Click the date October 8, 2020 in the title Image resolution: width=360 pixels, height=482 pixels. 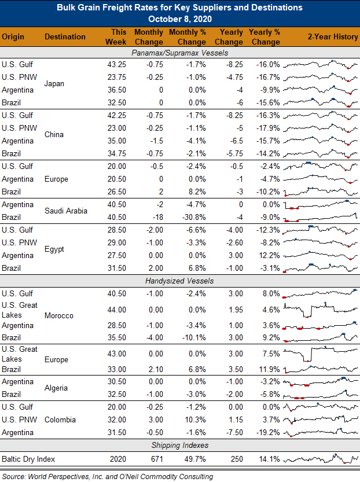180,19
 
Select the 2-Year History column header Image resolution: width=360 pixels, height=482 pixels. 333,36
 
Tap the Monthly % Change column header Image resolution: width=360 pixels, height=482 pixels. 188,37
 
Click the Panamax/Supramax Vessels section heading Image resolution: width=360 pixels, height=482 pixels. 180,53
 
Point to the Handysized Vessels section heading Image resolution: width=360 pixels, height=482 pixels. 179,281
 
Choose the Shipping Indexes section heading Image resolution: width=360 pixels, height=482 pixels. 180,445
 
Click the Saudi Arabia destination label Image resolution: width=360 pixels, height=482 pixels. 66,211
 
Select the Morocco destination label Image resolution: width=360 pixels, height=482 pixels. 58,316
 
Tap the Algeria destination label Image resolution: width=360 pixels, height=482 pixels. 56,388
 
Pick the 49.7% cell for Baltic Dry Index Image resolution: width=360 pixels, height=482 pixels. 195,459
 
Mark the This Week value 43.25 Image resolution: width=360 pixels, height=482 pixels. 116,65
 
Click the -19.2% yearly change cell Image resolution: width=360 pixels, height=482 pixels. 268,432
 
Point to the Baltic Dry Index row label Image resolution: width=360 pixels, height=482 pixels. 28,459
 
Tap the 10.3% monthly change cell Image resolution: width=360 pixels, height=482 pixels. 196,420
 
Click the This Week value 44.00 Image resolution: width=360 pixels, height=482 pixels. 116,310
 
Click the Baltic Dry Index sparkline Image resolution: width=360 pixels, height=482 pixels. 321,459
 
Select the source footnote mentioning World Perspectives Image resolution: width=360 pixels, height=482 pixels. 108,476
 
